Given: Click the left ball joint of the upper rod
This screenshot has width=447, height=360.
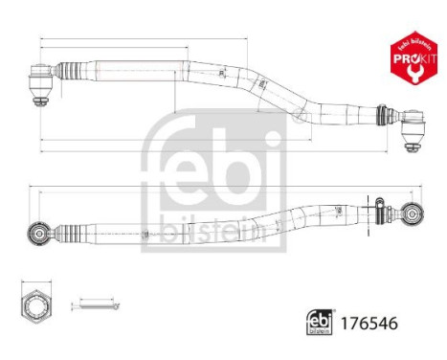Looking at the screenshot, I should tap(44, 72).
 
